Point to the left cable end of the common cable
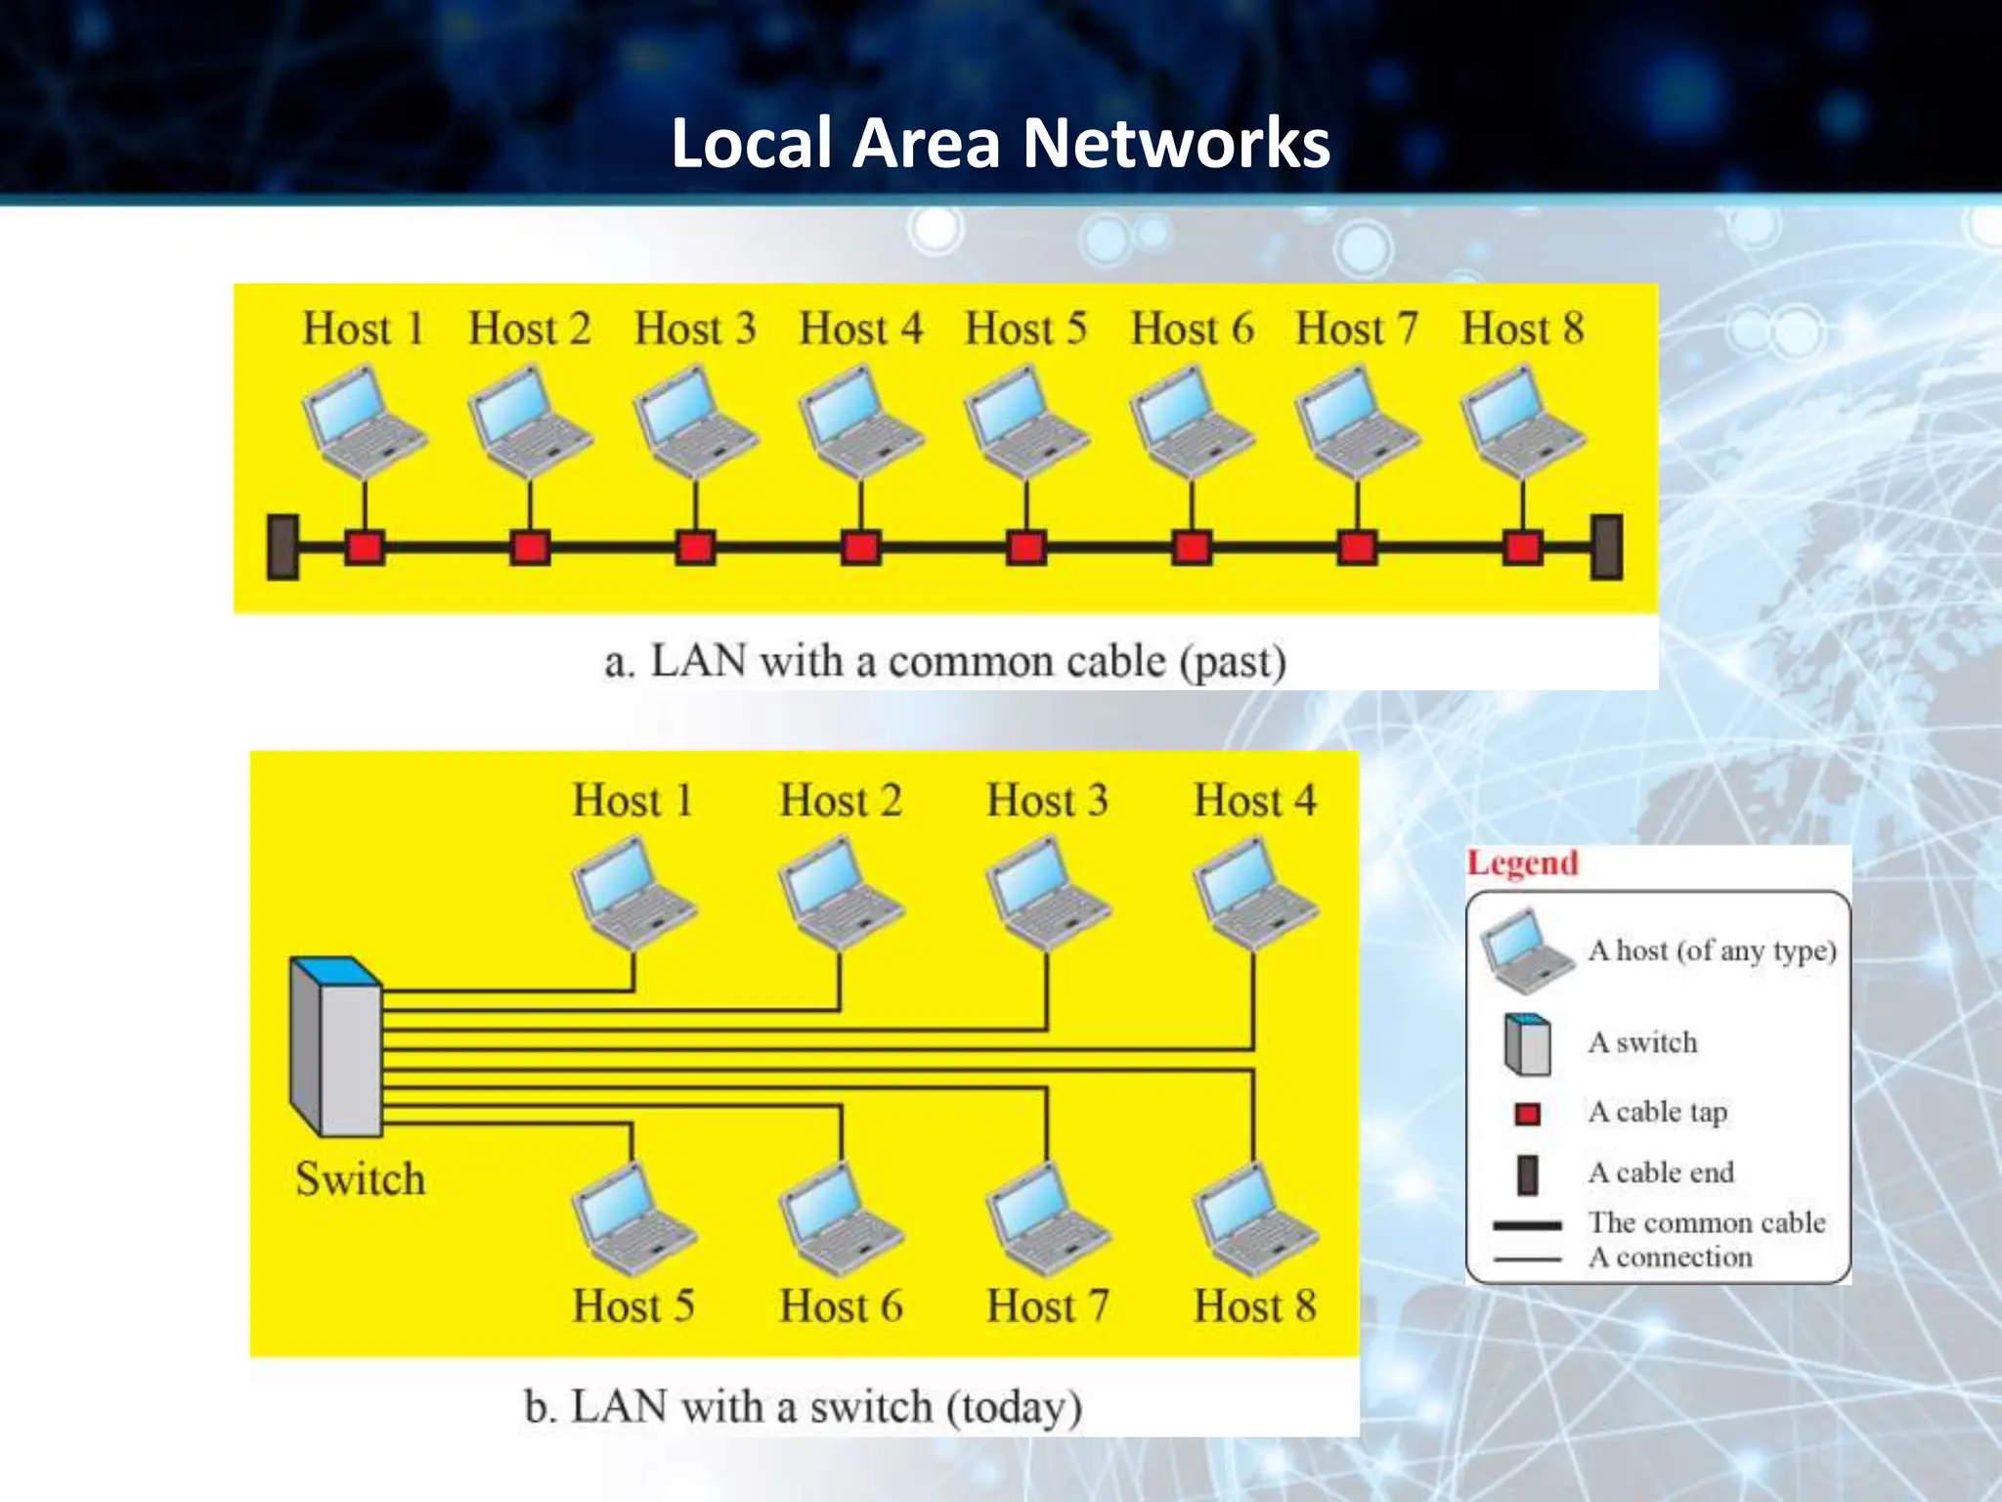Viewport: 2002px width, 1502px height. tap(283, 547)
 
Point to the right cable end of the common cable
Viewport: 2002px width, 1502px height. tap(1606, 547)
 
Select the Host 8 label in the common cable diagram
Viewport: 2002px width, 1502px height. tap(1522, 329)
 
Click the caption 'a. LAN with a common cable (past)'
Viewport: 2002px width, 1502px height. tap(944, 662)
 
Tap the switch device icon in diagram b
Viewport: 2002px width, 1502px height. tap(335, 1047)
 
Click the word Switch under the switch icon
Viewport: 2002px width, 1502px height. tap(360, 1179)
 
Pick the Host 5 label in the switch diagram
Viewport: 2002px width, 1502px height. tap(633, 1306)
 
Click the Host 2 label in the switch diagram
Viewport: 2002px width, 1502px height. tap(840, 801)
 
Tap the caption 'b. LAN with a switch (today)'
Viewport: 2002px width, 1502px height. tap(803, 1407)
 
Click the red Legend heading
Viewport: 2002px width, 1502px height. tap(1522, 863)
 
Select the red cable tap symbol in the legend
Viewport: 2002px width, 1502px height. tap(1527, 1113)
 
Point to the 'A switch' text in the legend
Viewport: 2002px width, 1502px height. tap(1642, 1042)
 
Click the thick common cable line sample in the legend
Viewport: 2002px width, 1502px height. tap(1527, 1224)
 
